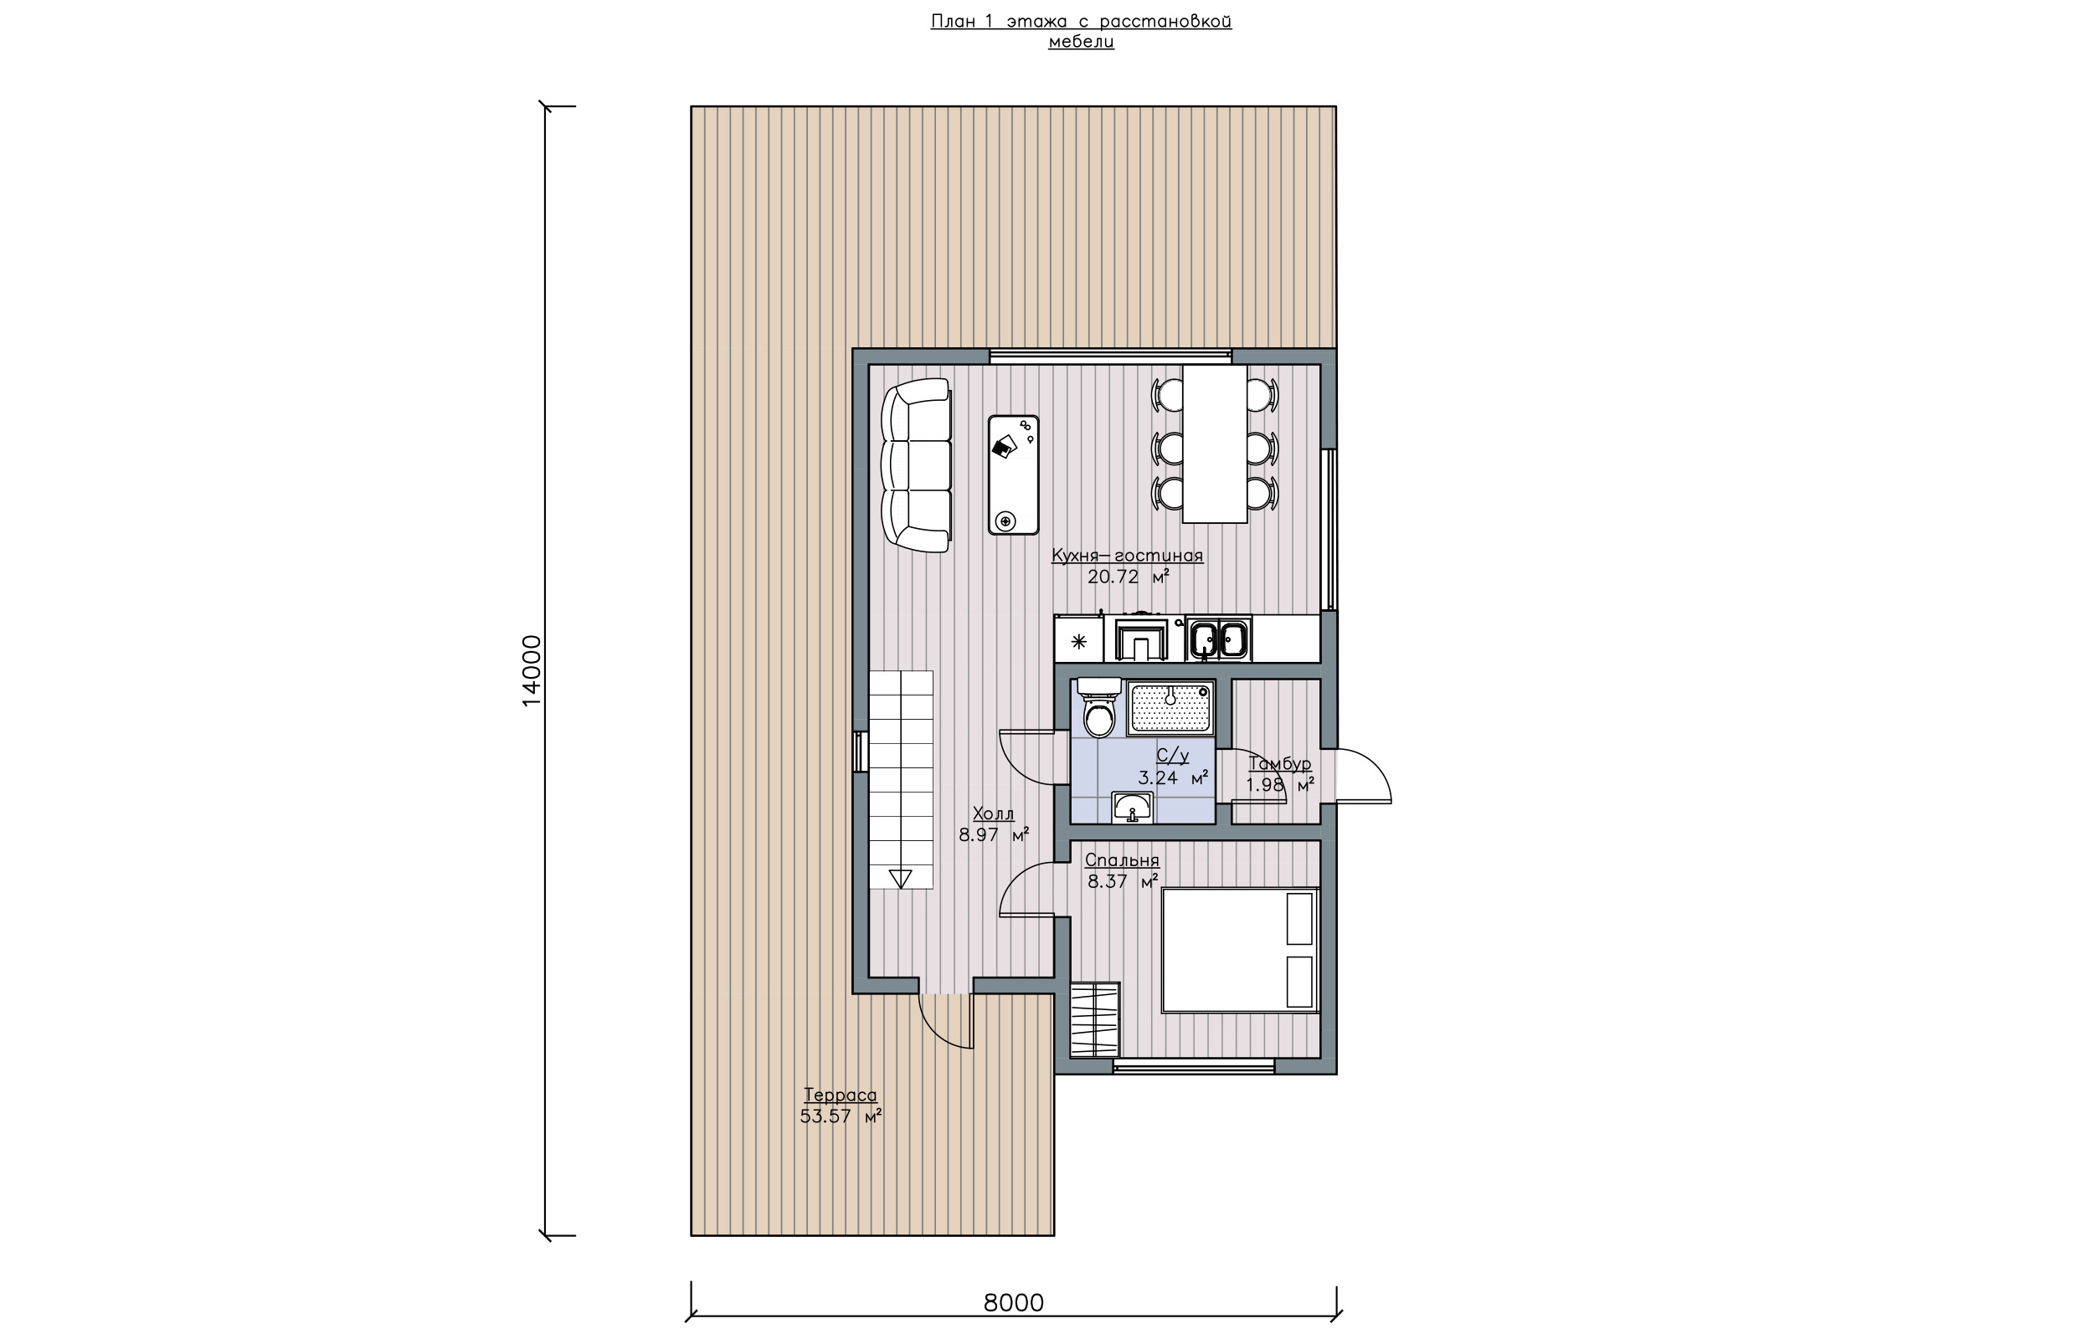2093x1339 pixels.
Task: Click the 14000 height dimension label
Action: tap(532, 670)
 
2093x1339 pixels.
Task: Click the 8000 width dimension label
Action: tap(1013, 1302)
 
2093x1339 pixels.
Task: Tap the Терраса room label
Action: tap(840, 1095)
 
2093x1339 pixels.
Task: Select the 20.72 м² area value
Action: tap(1128, 577)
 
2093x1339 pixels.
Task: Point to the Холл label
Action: tap(993, 813)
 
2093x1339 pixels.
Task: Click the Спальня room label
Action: tap(1122, 860)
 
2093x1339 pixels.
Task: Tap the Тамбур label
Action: tap(1280, 763)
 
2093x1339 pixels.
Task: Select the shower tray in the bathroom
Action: tap(1170, 708)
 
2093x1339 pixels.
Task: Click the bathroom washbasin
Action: tap(1132, 808)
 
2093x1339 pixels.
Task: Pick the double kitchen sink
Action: tap(1219, 640)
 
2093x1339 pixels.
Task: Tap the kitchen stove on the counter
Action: tap(1144, 640)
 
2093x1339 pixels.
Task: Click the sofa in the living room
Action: tap(917, 465)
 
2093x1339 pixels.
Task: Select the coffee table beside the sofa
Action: tap(1013, 475)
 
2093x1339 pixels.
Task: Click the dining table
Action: tap(1215, 444)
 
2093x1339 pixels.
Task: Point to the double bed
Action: tap(1241, 951)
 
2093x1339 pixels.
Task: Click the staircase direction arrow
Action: tap(901, 878)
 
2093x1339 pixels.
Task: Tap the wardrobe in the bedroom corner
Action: tap(1095, 1019)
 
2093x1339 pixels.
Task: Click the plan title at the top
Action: tap(1081, 30)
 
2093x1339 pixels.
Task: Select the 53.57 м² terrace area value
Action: tap(840, 1116)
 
